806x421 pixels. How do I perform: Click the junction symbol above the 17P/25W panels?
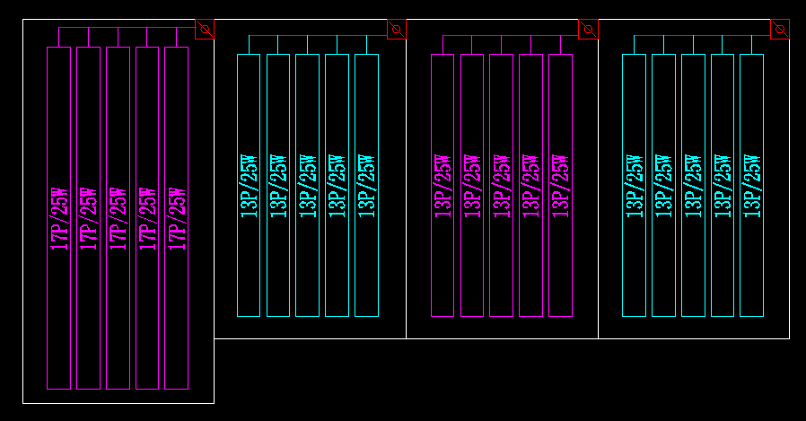tap(205, 30)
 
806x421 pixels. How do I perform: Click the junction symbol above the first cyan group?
tap(397, 30)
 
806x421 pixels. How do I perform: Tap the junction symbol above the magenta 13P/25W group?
tap(588, 30)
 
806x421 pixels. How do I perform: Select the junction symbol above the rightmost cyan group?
tap(780, 30)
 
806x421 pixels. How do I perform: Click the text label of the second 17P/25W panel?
tap(88, 218)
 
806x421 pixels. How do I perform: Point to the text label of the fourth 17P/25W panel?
tap(147, 218)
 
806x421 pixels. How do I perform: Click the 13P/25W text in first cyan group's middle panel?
tap(307, 186)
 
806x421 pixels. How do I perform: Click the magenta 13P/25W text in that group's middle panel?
tap(501, 186)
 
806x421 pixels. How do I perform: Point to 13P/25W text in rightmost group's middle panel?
tap(693, 186)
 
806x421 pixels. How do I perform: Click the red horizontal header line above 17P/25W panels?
tap(126, 28)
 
